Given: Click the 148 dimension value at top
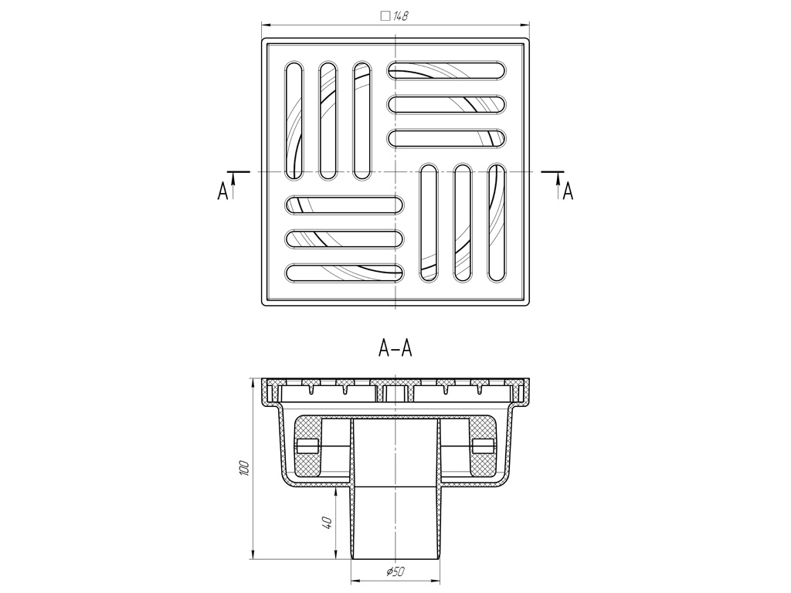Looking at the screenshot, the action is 401,15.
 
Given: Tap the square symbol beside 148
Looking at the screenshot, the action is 385,15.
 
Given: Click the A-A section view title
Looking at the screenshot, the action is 395,348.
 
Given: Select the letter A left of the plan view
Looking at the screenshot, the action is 223,191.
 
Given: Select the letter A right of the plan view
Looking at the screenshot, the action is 568,191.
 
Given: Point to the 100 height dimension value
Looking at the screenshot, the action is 245,467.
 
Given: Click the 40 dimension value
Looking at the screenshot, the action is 328,522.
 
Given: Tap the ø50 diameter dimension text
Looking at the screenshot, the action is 395,572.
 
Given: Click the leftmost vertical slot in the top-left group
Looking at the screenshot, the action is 294,120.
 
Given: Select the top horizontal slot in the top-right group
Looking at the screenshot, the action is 447,70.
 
